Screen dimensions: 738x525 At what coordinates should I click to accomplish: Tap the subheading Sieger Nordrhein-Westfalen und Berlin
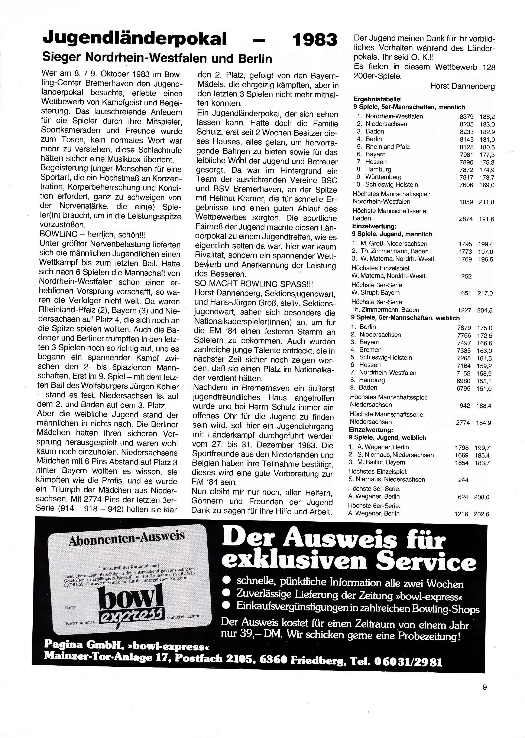157,59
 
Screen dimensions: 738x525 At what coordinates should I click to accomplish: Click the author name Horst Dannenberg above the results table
462,86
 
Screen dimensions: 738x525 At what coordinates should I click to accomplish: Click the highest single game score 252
466,276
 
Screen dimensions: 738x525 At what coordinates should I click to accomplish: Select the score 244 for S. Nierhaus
463,480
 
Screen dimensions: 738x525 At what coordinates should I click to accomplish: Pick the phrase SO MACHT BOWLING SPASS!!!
254,284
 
